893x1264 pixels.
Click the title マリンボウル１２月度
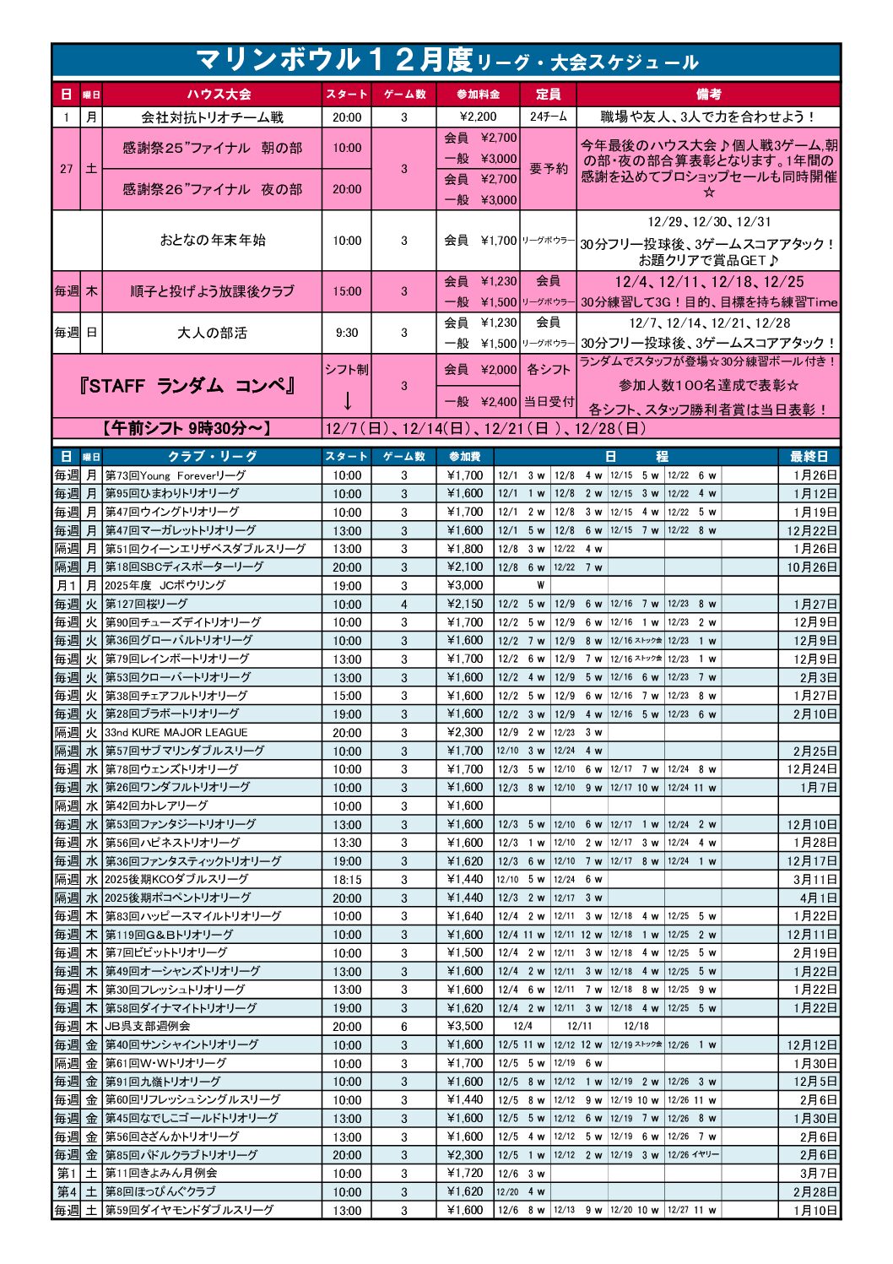click(333, 60)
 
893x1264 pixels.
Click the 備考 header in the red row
click(708, 94)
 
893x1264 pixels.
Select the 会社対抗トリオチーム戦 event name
click(212, 117)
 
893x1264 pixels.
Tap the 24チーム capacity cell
click(548, 117)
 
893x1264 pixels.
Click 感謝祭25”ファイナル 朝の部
click(212, 148)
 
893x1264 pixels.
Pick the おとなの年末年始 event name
click(212, 240)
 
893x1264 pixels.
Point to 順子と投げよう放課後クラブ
click(212, 291)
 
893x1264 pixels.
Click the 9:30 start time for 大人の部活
click(346, 333)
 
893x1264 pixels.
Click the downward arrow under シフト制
click(347, 400)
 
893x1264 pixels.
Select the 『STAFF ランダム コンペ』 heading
click(187, 386)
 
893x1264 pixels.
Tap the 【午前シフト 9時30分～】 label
click(187, 428)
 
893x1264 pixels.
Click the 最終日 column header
click(809, 456)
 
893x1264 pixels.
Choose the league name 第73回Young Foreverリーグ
click(176, 475)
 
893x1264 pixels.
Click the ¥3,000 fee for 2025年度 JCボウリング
click(465, 585)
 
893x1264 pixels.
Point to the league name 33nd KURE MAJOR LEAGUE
click(176, 732)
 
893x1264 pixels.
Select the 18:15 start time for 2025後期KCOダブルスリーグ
click(346, 879)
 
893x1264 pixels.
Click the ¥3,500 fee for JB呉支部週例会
click(465, 1026)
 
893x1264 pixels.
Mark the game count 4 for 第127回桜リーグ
click(403, 604)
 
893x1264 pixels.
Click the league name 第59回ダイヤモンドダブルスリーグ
click(189, 1210)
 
